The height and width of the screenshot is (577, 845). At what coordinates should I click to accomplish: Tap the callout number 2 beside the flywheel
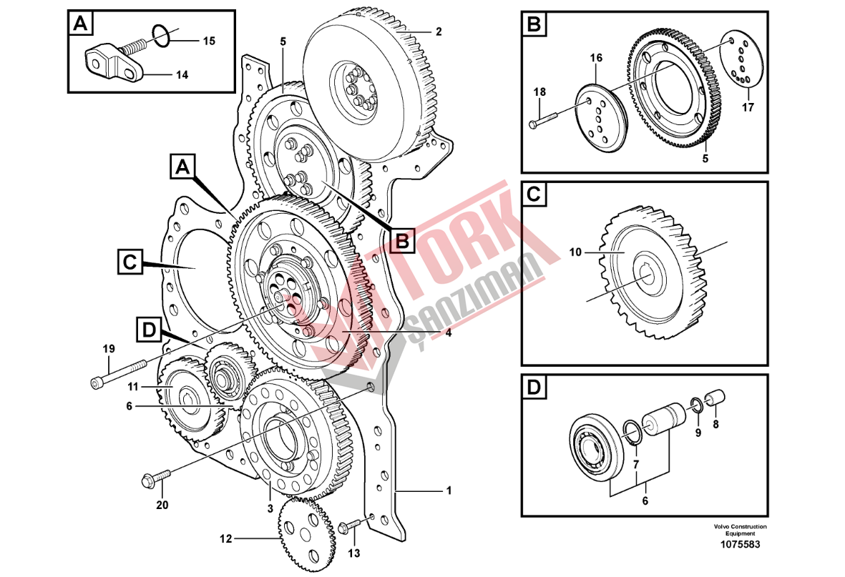(439, 31)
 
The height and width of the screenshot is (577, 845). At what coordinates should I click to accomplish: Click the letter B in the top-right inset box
(534, 25)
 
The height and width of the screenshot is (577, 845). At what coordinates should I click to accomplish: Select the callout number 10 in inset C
(575, 252)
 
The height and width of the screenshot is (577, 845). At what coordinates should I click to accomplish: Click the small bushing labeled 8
(715, 399)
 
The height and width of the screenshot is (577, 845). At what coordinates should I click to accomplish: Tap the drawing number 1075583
(740, 544)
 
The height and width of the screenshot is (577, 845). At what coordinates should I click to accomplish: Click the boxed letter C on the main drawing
(130, 262)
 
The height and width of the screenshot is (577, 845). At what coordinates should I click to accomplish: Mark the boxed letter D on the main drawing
(150, 330)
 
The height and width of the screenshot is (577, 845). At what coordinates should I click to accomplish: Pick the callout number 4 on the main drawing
(449, 333)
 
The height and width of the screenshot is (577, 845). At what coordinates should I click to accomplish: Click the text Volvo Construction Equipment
(740, 530)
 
